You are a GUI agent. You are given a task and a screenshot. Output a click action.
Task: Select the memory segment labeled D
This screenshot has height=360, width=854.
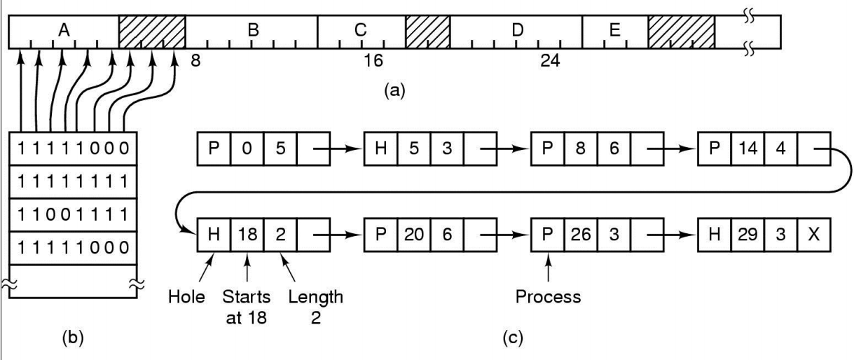click(x=517, y=32)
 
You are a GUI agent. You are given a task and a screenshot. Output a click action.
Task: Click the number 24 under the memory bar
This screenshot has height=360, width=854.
click(x=549, y=61)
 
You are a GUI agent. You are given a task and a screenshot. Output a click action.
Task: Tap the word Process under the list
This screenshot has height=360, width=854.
click(x=548, y=296)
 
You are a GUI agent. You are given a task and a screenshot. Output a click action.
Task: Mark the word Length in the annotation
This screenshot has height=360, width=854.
click(x=315, y=296)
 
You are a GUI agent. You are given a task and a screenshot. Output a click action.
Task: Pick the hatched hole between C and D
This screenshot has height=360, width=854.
click(x=427, y=32)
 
